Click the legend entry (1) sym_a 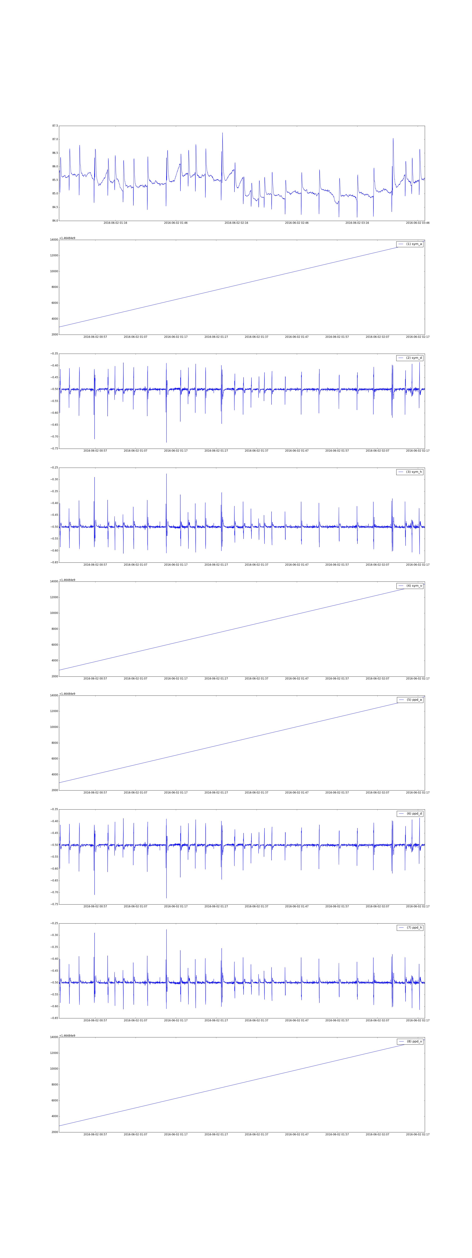point(409,244)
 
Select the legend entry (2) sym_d point(409,358)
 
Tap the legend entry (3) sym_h point(409,472)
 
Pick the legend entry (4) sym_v point(409,586)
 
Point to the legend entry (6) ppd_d point(409,814)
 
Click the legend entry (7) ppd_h point(409,927)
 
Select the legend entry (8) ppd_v point(409,1041)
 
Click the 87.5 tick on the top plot point(55,126)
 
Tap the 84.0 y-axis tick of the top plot point(55,221)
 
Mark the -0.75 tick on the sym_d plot point(53,448)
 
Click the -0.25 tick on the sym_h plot point(53,467)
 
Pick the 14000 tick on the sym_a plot point(53,240)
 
